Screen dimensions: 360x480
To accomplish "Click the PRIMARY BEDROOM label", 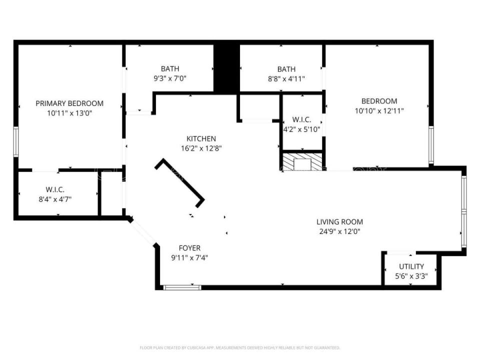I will pos(69,103).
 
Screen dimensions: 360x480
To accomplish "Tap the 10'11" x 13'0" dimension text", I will pos(69,113).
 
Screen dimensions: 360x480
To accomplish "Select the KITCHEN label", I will pos(201,138).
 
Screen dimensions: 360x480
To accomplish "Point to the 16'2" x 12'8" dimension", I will pos(201,148).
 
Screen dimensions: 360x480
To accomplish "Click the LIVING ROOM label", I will pos(339,221).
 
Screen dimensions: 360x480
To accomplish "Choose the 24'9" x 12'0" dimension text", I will pos(339,231).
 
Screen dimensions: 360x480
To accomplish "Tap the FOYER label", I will pos(189,248).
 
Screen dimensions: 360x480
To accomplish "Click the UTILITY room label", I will pos(411,266).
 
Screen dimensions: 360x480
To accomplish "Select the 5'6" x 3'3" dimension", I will pos(411,275).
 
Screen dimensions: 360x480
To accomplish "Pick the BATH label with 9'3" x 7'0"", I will pos(170,68).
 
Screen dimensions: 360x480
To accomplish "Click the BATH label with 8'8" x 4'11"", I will pos(286,69).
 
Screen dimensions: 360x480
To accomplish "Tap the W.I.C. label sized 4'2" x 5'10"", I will pos(301,120).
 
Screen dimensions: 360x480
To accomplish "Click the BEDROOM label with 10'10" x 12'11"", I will pos(376,101).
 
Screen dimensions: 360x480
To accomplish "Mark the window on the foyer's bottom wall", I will pos(182,287).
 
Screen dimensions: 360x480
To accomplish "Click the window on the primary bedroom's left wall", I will pos(16,142).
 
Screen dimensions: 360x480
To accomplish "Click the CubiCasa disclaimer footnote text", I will pos(239,347).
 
